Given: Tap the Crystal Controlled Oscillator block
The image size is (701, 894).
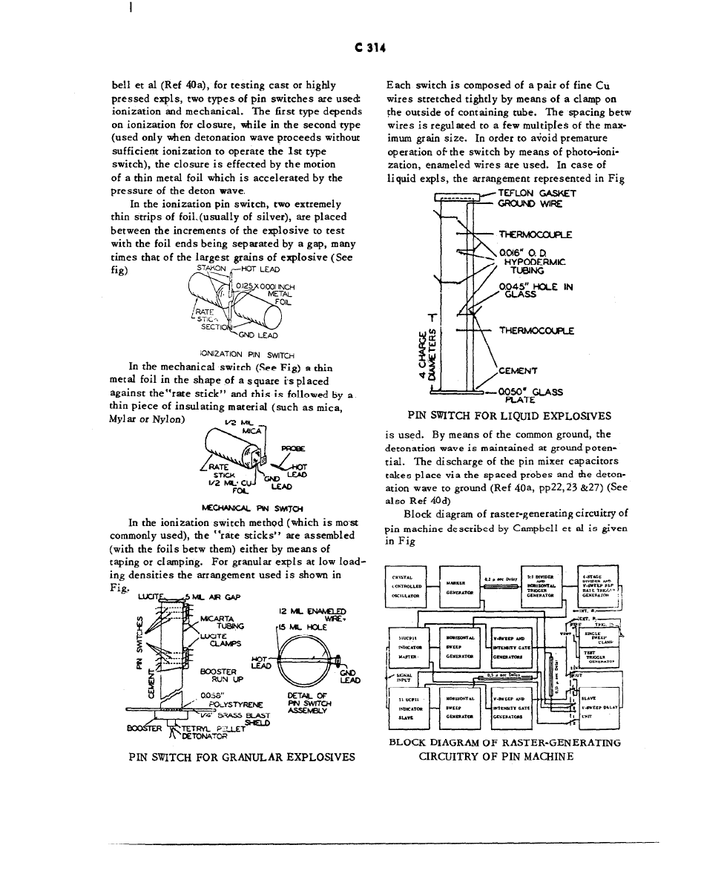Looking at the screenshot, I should coord(408,586).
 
